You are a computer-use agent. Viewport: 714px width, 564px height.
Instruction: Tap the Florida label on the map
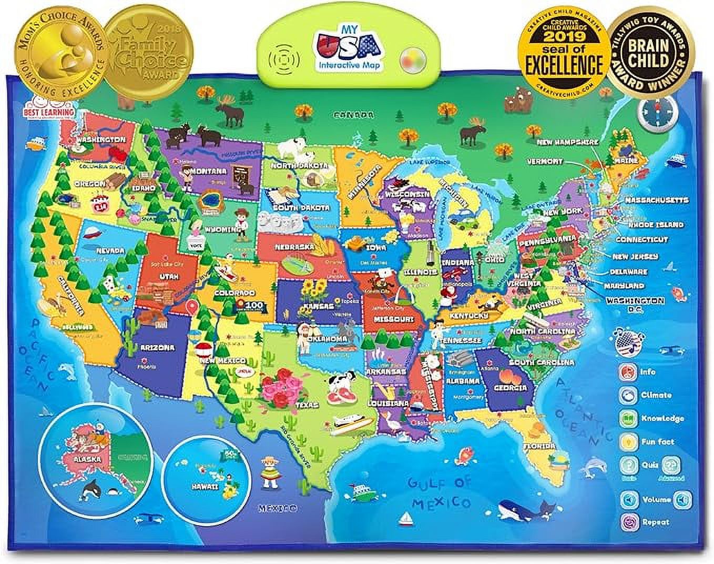click(539, 446)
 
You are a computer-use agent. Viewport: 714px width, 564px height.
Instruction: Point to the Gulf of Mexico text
click(440, 492)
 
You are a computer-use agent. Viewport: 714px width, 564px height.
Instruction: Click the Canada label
click(356, 115)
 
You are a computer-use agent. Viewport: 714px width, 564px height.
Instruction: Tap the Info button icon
click(627, 372)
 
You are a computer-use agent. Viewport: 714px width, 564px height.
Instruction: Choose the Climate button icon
click(627, 395)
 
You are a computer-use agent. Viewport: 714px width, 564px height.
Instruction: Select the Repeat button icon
click(628, 522)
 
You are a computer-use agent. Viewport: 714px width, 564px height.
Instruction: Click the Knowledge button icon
click(627, 419)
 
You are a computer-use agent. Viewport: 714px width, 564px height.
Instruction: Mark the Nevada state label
click(110, 250)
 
